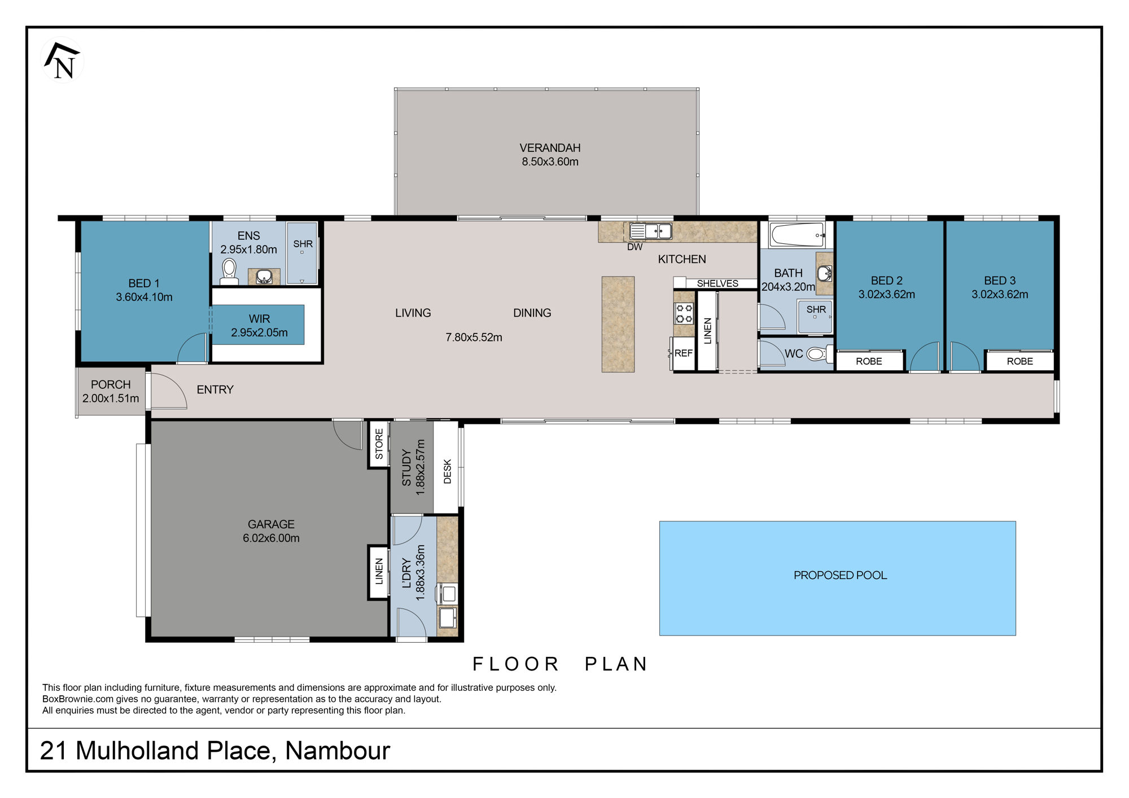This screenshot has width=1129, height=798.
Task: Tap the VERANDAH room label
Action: pos(550,148)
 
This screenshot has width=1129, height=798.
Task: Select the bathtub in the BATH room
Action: pos(797,234)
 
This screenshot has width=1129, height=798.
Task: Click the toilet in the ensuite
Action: pos(229,271)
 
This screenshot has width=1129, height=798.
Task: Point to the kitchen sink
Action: pos(650,231)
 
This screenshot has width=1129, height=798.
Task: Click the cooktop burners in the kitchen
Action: pos(684,314)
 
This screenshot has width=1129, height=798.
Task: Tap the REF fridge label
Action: pos(684,353)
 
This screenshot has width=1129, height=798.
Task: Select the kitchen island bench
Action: pos(618,324)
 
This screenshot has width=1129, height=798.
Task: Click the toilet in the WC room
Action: pos(819,354)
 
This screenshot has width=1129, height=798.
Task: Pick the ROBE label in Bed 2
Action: pos(869,361)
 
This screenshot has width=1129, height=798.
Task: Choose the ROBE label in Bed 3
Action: pos(1019,361)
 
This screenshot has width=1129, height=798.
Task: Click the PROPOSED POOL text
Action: pos(840,575)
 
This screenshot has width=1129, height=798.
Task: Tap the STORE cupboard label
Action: pos(379,444)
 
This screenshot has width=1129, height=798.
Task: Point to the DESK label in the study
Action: pos(448,471)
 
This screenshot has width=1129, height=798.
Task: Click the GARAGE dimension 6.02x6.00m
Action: pos(271,538)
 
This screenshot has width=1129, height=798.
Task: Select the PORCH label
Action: pos(111,384)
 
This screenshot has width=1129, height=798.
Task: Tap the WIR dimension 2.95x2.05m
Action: pos(259,333)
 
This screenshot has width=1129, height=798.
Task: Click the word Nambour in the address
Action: pos(338,751)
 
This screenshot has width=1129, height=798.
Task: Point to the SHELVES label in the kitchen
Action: pos(717,283)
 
